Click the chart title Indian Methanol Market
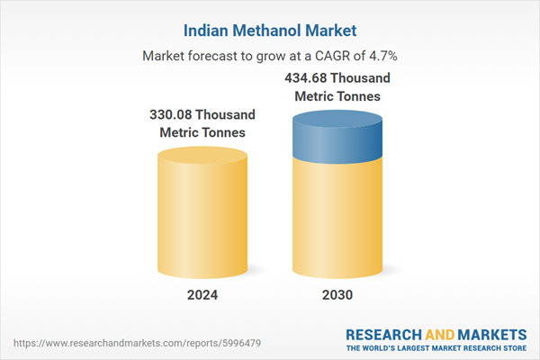[270, 30]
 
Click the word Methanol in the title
[272, 30]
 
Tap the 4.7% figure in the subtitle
[382, 56]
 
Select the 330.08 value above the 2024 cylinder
[175, 115]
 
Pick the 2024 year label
[202, 294]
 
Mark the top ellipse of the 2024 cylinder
[202, 156]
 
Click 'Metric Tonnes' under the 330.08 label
[202, 133]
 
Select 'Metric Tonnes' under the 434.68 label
[338, 95]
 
